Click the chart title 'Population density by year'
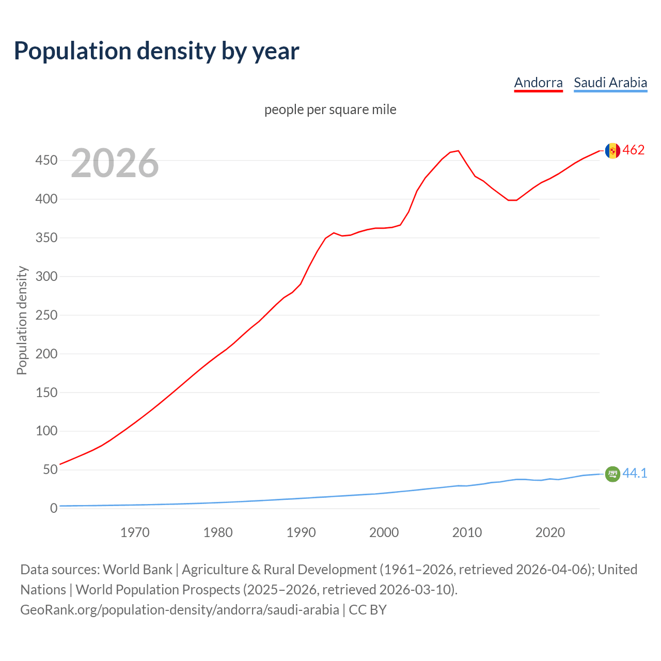156,51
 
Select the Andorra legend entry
538,83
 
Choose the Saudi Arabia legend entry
610,83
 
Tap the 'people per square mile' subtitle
330,109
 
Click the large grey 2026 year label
115,163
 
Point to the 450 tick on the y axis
46,161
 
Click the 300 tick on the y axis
46,276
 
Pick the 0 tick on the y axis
54,508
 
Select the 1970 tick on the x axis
135,532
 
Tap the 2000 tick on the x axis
384,532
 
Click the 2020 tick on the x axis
550,532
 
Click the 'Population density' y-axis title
22,320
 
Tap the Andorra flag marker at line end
612,151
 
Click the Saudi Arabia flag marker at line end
612,474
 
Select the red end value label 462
634,150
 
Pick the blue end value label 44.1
635,473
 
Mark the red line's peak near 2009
459,151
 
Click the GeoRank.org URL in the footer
180,609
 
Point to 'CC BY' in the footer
368,609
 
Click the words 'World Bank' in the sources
137,569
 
